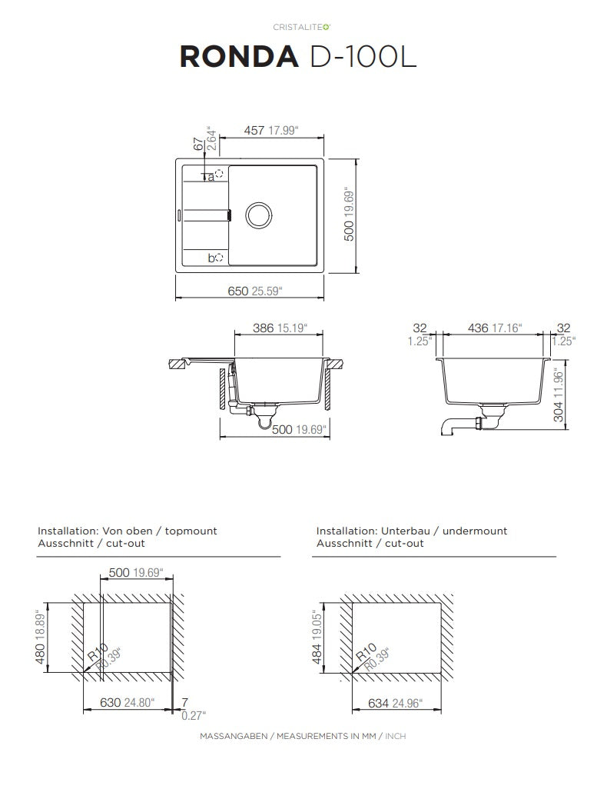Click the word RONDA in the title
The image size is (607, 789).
pos(239,56)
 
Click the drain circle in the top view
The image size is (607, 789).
pos(259,215)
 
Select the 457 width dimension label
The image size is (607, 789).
pos(254,130)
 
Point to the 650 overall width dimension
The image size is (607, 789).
pos(238,291)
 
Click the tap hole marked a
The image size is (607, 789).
pos(220,172)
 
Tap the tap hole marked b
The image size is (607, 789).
pos(219,258)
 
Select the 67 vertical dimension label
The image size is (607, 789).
pos(199,144)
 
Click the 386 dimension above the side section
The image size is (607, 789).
pos(263,328)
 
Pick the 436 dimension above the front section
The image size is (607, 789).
pos(478,328)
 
